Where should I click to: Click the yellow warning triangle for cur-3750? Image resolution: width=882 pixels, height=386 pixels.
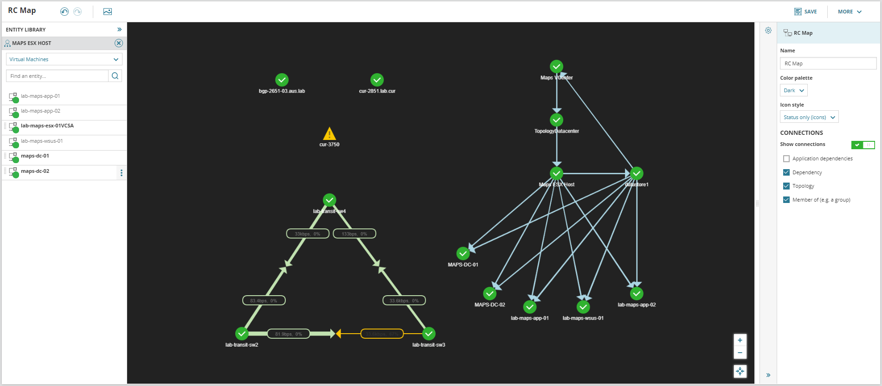pyautogui.click(x=329, y=134)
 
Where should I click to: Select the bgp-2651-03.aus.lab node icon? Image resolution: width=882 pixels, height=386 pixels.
pyautogui.click(x=282, y=80)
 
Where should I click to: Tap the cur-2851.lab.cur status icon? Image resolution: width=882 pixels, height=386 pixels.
pyautogui.click(x=377, y=80)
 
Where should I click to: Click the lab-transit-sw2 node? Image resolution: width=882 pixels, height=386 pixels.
pyautogui.click(x=242, y=334)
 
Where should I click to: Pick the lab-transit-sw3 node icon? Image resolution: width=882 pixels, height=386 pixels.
pyautogui.click(x=429, y=334)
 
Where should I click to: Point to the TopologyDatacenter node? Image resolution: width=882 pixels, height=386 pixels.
pyautogui.click(x=556, y=120)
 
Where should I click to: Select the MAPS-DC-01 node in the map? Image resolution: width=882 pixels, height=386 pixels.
pyautogui.click(x=463, y=253)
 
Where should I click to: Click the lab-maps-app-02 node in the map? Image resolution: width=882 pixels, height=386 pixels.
pyautogui.click(x=637, y=293)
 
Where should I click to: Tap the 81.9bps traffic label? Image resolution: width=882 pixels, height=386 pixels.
pyautogui.click(x=289, y=334)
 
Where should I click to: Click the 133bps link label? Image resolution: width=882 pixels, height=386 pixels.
pyautogui.click(x=354, y=234)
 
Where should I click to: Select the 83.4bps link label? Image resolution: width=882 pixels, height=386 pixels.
pyautogui.click(x=264, y=301)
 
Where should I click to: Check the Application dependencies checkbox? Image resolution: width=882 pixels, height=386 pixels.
pyautogui.click(x=786, y=158)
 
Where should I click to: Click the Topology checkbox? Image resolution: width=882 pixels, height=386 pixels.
pyautogui.click(x=786, y=186)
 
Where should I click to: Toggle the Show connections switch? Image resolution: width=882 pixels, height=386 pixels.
pyautogui.click(x=863, y=145)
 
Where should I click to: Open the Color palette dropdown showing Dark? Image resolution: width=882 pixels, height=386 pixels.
pyautogui.click(x=794, y=90)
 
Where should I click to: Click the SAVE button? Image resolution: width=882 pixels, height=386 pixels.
pyautogui.click(x=805, y=12)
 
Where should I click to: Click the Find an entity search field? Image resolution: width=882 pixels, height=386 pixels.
pyautogui.click(x=58, y=76)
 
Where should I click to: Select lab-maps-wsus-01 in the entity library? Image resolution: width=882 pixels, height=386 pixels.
pyautogui.click(x=42, y=141)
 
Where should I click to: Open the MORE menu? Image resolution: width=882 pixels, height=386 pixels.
pyautogui.click(x=850, y=12)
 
